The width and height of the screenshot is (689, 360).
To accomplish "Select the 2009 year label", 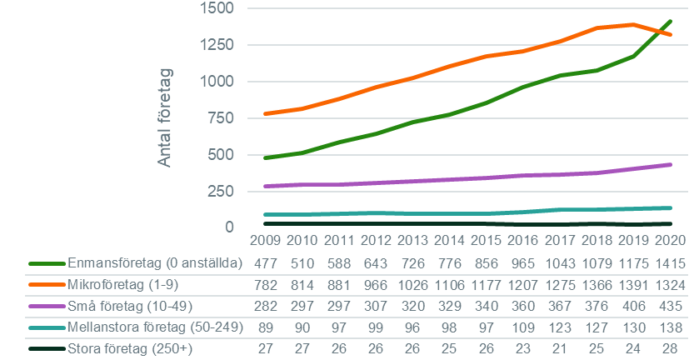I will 266,242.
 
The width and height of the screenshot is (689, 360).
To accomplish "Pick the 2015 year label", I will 486,242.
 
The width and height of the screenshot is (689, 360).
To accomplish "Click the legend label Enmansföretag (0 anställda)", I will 153,263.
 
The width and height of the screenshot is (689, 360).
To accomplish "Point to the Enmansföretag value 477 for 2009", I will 266,263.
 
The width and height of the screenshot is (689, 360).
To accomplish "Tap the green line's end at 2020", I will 669,21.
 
